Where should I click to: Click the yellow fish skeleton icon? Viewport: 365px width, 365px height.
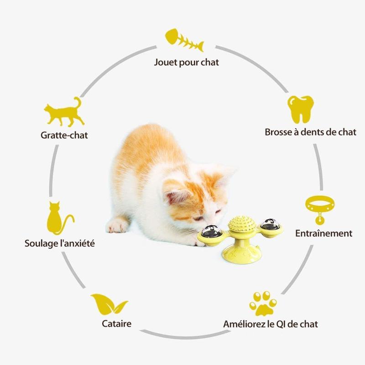pos(184,40)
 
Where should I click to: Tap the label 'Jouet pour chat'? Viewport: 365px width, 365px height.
pos(187,63)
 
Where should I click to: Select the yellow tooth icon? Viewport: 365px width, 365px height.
pos(301,109)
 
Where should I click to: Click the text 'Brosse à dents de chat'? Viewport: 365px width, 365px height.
pos(311,132)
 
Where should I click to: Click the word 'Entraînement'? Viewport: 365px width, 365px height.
pos(324,233)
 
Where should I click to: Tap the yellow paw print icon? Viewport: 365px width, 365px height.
pos(263,303)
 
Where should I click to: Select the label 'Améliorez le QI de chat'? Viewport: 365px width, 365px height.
pos(271,324)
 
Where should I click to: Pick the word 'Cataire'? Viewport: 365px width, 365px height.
pos(116,323)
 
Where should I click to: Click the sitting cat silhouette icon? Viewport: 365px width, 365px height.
pos(60,218)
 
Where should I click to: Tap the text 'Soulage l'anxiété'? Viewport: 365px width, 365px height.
pos(60,244)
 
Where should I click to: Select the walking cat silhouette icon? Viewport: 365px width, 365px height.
pos(64,112)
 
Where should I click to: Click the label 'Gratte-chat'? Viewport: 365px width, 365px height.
pos(64,135)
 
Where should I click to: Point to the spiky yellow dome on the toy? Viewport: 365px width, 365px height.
pos(242,224)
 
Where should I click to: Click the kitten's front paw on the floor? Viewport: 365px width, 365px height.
pos(118,225)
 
